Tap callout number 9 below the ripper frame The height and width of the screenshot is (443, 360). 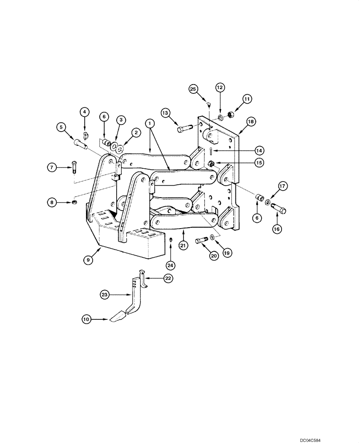tap(89, 261)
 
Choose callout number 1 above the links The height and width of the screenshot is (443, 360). tap(151, 122)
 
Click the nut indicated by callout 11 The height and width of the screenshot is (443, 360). tap(231, 115)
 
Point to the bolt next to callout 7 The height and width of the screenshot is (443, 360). tap(74, 169)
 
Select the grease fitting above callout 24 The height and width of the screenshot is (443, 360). tap(171, 240)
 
